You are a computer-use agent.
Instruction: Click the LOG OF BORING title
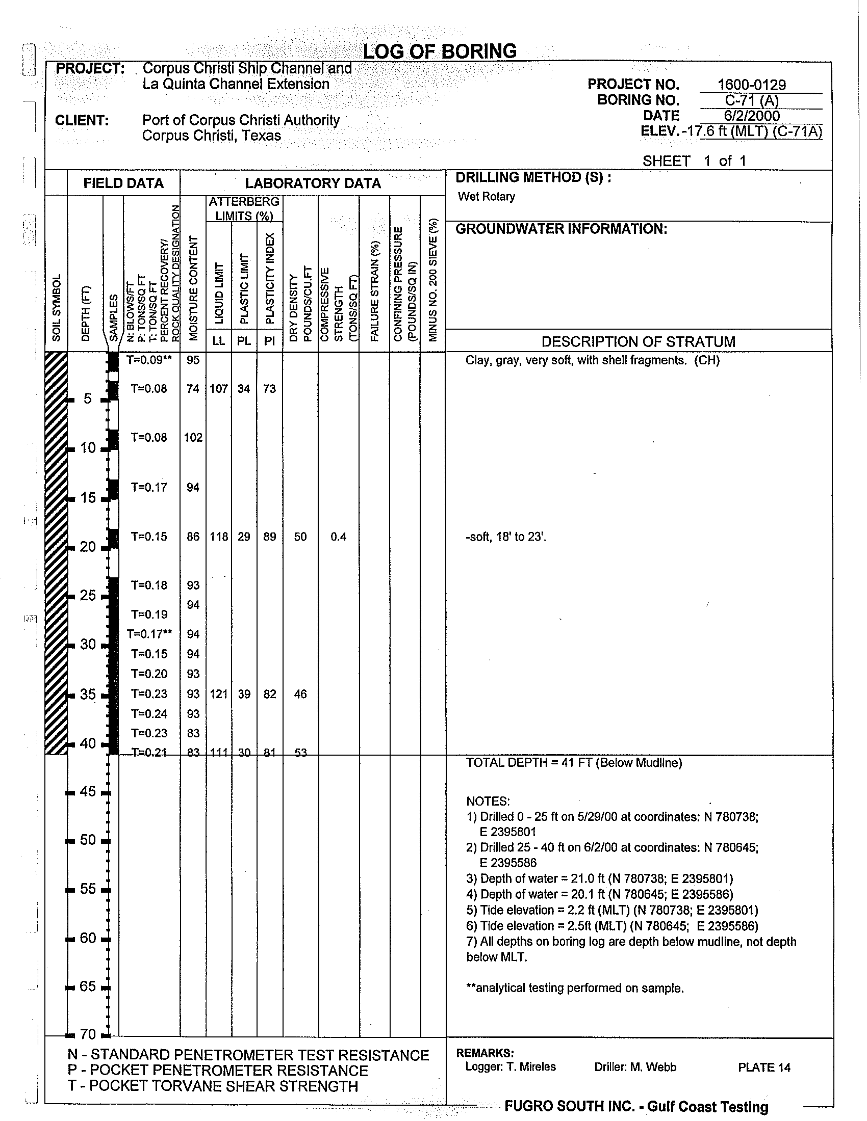(x=440, y=51)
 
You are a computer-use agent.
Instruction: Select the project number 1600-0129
(x=751, y=85)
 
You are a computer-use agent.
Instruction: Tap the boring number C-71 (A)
(x=751, y=100)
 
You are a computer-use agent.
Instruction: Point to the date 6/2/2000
(x=751, y=116)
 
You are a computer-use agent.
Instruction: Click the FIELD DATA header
(x=123, y=183)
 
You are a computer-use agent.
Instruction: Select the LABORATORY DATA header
(x=313, y=183)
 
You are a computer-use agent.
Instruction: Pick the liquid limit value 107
(x=218, y=389)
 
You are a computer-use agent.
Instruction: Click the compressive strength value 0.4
(x=338, y=537)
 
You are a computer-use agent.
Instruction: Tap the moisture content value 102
(x=193, y=438)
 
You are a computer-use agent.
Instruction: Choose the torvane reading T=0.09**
(x=149, y=360)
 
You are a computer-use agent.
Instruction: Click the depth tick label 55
(x=88, y=889)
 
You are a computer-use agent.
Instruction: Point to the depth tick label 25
(x=88, y=595)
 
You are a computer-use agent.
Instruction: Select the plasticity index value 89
(x=270, y=537)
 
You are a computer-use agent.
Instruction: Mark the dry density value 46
(x=300, y=694)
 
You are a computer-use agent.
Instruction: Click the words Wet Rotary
(x=486, y=197)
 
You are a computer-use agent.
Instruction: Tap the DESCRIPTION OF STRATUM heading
(x=639, y=341)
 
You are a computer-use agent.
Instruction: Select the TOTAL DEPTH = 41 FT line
(x=574, y=763)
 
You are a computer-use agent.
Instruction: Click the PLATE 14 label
(x=764, y=1067)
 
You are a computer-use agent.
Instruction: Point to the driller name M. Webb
(x=635, y=1067)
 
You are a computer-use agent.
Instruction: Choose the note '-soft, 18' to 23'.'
(x=505, y=538)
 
